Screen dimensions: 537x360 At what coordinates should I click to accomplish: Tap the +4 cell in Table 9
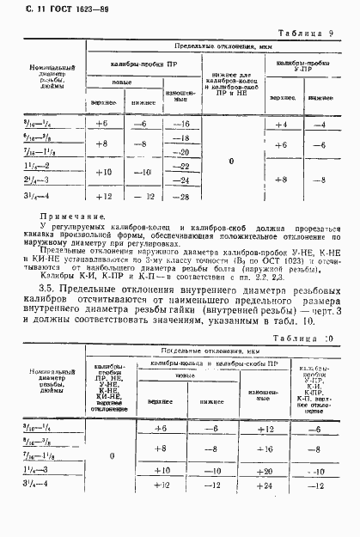pos(280,125)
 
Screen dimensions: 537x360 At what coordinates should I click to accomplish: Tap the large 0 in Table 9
pos(231,161)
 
